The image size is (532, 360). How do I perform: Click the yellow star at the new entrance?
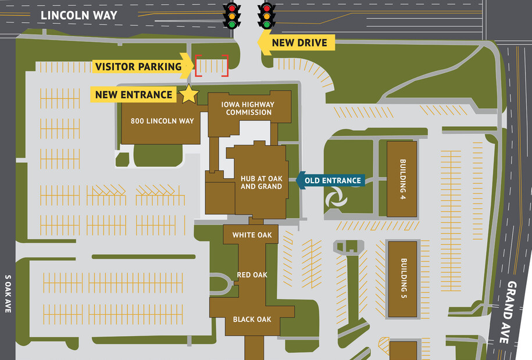188,94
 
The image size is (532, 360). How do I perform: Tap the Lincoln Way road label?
79,15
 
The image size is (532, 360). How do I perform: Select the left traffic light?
233,15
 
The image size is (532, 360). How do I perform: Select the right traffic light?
267,15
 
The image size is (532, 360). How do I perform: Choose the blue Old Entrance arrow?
330,180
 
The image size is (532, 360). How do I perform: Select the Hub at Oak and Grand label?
261,182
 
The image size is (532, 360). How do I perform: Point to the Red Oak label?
252,275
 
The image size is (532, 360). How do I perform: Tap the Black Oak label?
252,319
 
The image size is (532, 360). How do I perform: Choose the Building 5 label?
402,279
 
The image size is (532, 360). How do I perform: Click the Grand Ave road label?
511,312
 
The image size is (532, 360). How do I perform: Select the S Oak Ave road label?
8,294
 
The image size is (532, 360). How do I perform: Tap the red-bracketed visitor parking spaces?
211,66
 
